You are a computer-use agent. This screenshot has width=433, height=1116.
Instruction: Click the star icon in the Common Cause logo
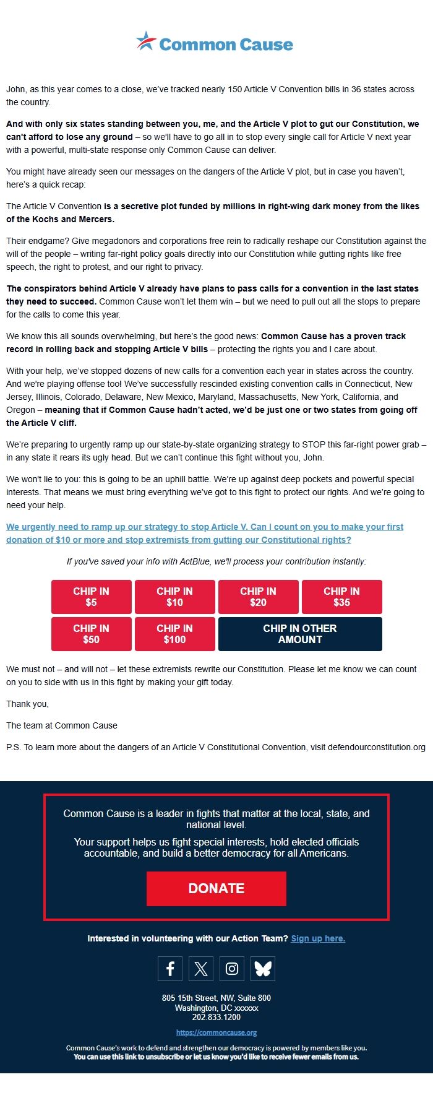pos(147,41)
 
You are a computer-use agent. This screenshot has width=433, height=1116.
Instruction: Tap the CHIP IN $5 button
pos(92,597)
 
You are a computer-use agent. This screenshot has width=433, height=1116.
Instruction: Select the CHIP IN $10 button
pos(175,597)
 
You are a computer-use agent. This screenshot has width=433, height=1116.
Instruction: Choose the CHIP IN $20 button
pos(259,597)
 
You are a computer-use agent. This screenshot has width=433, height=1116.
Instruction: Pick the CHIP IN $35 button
pos(342,597)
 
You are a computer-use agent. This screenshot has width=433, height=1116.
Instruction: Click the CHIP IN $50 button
pos(92,634)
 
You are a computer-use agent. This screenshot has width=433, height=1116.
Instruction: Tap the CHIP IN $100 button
pos(175,634)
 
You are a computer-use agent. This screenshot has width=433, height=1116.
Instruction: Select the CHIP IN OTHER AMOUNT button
pos(300,634)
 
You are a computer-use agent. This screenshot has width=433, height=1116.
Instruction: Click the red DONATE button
pos(216,888)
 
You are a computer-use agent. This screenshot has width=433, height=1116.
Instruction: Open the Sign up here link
pos(318,938)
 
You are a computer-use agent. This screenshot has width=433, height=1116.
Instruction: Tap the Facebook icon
pos(170,969)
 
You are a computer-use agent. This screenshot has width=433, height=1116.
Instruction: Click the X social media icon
pos(201,969)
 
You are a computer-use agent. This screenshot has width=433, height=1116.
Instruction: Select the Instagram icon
pos(232,969)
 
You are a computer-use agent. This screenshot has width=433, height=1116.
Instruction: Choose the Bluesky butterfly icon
pos(263,969)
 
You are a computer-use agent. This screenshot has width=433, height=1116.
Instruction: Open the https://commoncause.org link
pos(216,1032)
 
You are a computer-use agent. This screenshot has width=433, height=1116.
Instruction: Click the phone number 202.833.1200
pos(216,1017)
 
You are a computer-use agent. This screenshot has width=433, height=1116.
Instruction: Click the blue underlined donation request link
pos(204,533)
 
